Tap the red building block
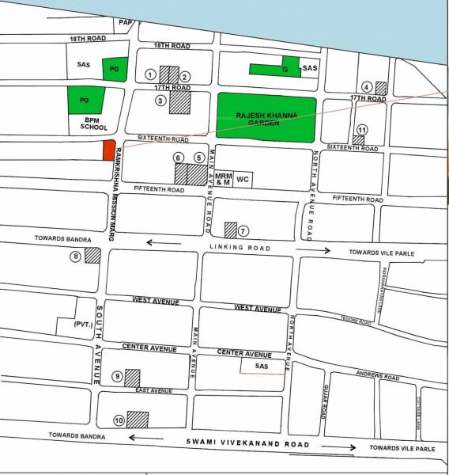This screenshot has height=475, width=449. tap(108, 150)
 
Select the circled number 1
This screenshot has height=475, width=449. tap(150, 75)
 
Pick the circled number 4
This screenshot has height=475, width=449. tap(367, 87)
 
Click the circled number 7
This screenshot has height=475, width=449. tap(243, 231)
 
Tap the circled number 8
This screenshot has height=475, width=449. tap(76, 256)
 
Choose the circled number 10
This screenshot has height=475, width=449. tap(119, 420)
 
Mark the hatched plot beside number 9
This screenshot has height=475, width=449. tap(132, 378)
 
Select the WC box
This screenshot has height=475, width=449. tap(243, 180)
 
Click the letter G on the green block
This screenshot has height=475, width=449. tap(285, 70)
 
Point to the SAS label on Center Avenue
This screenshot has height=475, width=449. tap(262, 366)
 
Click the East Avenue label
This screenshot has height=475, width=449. tap(154, 391)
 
